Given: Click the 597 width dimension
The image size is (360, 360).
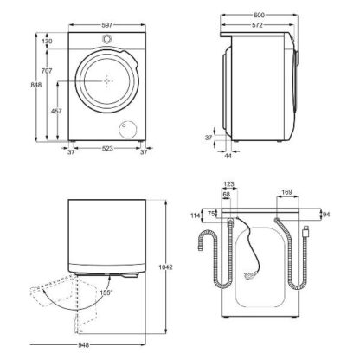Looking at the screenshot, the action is tap(106, 25).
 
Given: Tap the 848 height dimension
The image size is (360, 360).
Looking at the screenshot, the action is tap(36, 85).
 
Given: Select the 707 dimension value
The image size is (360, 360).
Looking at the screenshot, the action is tap(47, 70).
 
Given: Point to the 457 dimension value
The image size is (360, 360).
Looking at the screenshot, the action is tap(56, 111).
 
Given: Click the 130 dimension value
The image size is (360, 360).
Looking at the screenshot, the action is tap(47, 42).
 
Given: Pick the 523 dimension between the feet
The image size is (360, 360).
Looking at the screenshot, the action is tap(107, 148).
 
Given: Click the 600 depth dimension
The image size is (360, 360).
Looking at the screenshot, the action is tap(259, 16).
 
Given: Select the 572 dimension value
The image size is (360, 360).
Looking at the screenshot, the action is tap(257, 25).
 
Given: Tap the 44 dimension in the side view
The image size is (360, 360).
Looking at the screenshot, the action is tap(228, 156).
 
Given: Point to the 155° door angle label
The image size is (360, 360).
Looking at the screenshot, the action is tap(106, 292).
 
